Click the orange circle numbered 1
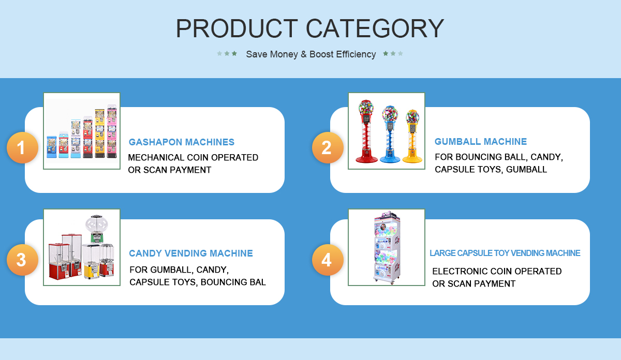click(22, 147)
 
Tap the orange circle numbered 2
click(328, 147)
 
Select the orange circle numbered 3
click(22, 260)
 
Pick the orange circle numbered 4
click(328, 260)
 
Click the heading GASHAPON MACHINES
click(181, 142)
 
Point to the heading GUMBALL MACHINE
click(480, 142)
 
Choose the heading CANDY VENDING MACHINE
click(191, 253)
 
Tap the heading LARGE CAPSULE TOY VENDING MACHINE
click(505, 253)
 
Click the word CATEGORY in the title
click(375, 28)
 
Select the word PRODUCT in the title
click(237, 28)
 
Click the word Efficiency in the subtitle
click(356, 54)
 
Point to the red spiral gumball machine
click(366, 131)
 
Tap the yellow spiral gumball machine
click(412, 136)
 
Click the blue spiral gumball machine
click(390, 134)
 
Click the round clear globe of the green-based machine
click(96, 225)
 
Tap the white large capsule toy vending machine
click(387, 247)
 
